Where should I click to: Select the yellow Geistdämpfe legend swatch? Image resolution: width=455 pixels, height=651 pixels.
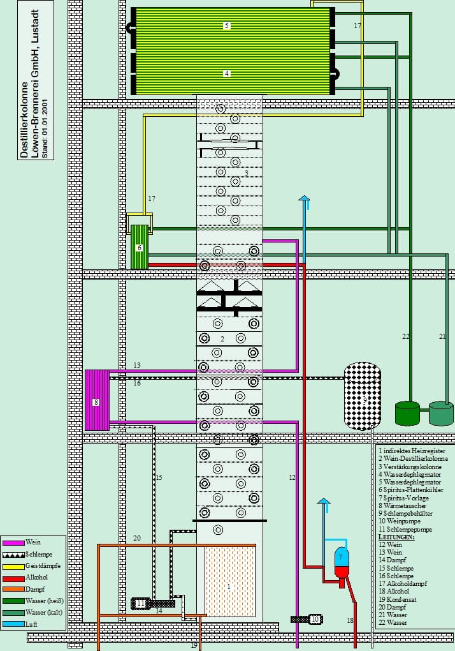pos(12,565)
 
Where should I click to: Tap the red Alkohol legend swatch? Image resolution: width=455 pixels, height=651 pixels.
pos(12,577)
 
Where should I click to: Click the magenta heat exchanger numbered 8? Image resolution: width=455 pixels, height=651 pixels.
pos(96,400)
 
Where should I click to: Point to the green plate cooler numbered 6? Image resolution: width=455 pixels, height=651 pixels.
pos(139,247)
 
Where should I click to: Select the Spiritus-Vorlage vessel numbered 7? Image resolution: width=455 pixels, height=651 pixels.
pos(342,562)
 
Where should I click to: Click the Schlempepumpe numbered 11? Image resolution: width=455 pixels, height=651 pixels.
pos(141,603)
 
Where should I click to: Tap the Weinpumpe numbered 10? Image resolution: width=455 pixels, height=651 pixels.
pos(314,618)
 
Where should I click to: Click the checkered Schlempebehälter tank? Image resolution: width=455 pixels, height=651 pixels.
pos(362,396)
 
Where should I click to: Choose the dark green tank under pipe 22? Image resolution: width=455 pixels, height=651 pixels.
pos(407,413)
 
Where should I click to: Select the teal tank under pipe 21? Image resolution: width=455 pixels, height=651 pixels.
pos(441,413)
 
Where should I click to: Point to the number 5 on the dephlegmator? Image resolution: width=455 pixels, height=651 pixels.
pos(227,26)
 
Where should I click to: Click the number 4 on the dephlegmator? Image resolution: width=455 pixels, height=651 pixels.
pos(227,73)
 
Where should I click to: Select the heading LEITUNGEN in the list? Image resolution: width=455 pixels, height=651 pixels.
pos(396,537)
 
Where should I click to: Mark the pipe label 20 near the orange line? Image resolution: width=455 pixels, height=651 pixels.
pos(136,538)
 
